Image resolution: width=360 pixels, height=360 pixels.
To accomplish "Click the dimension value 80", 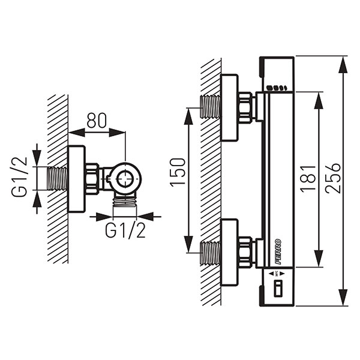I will (x=97, y=121).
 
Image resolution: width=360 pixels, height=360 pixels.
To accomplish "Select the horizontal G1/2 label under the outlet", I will (x=125, y=230).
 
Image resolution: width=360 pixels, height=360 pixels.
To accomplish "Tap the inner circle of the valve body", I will (x=126, y=178).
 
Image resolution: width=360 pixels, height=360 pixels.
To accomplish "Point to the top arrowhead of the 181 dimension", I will (x=319, y=98).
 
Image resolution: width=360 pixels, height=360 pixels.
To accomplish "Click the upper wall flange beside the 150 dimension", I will (x=229, y=107).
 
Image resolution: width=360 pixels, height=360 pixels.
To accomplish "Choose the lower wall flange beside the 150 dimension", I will (x=229, y=252).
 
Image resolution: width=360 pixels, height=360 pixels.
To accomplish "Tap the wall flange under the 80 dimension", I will (x=76, y=179).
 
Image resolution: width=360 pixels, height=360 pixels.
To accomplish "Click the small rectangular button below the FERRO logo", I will (x=278, y=289).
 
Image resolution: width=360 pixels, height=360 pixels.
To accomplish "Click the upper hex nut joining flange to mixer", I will (x=245, y=107).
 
